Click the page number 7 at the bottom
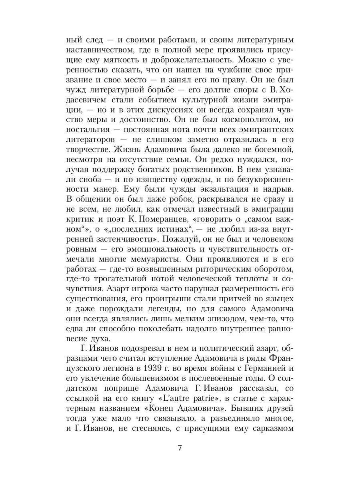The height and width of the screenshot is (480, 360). click(x=180, y=447)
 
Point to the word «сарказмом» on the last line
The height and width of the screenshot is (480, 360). click(x=274, y=422)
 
